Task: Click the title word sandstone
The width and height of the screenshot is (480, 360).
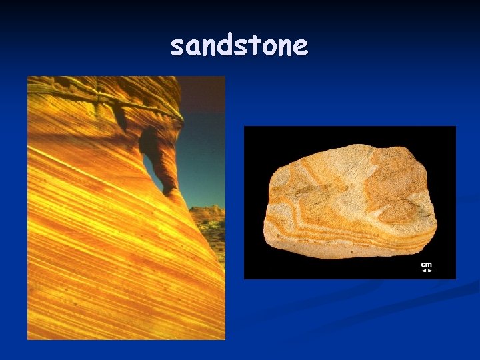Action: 239,46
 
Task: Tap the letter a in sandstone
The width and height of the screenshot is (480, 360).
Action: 192,48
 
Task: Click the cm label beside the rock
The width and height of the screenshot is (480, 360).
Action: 426,265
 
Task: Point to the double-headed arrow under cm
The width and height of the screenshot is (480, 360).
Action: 426,271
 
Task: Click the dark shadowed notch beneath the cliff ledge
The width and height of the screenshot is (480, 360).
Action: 121,119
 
